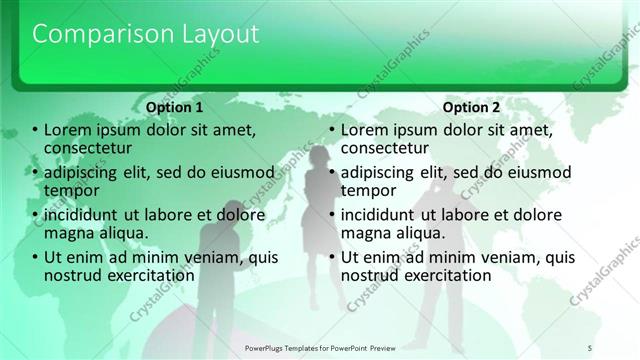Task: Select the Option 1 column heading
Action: click(x=174, y=107)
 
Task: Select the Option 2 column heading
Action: click(x=471, y=107)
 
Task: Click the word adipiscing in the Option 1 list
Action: click(x=83, y=172)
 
